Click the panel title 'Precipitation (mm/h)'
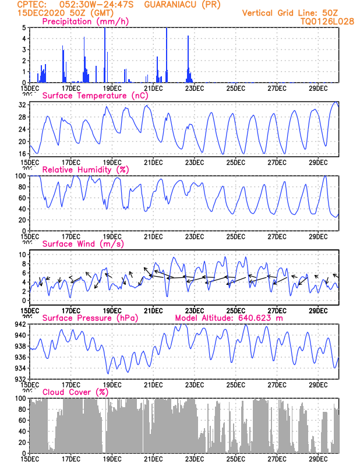pos(86,22)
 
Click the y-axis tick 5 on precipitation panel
pos(23,27)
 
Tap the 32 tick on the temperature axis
pos(22,105)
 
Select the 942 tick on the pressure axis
pos(20,324)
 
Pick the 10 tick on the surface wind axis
pos(22,255)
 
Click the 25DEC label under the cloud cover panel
pos(236,459)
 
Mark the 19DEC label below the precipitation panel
pos(112,88)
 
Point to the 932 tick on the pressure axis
pos(20,379)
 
